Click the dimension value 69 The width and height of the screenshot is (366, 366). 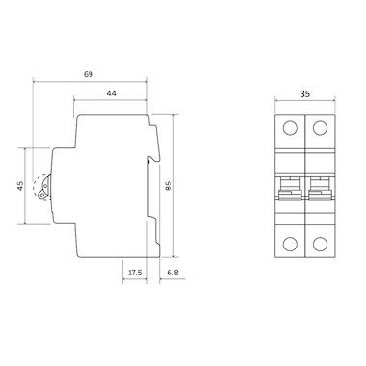[88, 73]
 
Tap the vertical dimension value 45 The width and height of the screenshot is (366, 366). [21, 186]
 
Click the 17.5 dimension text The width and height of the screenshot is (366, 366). [135, 274]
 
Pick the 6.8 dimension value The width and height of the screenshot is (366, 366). [170, 274]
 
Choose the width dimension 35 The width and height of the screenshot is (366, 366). [304, 95]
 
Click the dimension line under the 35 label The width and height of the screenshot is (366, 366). [304, 104]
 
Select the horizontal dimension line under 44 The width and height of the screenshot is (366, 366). [112, 101]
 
